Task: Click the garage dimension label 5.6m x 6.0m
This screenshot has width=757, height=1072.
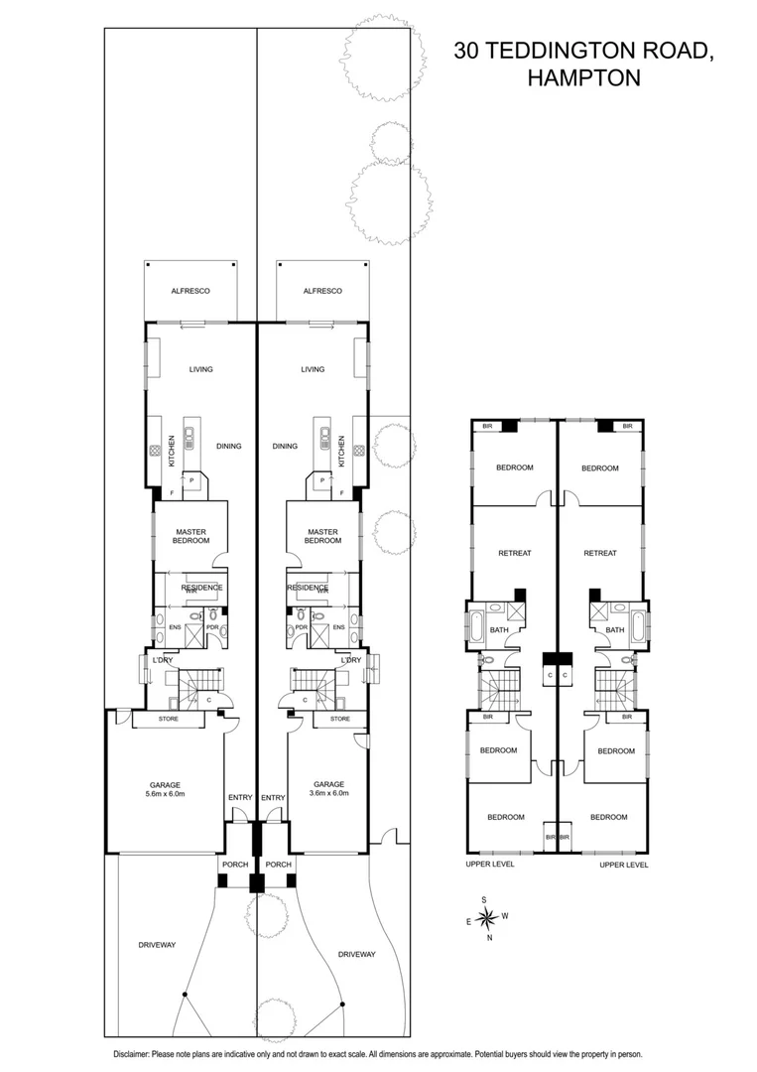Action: pos(166,794)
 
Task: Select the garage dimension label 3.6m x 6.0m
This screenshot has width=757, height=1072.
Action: pos(328,794)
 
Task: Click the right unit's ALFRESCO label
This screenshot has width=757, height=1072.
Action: pos(323,291)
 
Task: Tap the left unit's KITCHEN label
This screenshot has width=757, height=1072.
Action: pos(172,452)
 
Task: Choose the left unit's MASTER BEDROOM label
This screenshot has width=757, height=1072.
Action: pos(189,537)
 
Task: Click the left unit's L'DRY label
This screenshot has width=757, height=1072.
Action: pos(163,660)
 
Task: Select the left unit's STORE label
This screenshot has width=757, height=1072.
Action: pos(169,719)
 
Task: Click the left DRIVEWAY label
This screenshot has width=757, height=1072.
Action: pos(157,945)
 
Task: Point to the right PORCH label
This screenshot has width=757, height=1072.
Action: pos(279,865)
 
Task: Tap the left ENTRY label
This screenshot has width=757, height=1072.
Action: pos(240,797)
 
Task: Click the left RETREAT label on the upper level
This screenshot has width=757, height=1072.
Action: pos(514,553)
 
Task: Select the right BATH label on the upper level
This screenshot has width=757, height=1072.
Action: pos(615,629)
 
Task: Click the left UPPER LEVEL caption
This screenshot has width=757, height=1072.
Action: pos(490,865)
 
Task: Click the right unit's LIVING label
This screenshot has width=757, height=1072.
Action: pos(314,369)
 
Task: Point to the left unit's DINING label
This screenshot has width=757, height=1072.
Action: pos(229,447)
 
